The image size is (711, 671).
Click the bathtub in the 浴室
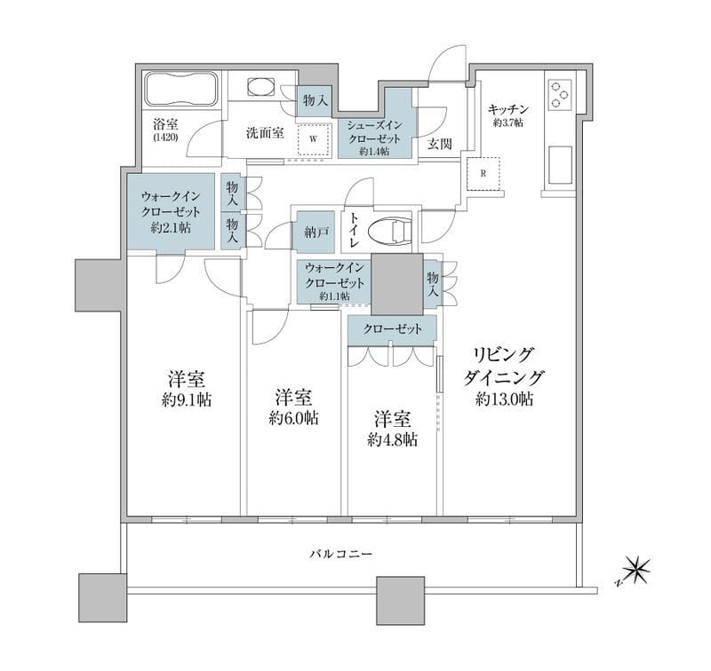[179, 91]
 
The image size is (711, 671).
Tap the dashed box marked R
[483, 173]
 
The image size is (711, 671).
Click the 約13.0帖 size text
[504, 399]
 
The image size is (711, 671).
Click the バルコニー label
[340, 554]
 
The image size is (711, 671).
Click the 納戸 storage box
[316, 231]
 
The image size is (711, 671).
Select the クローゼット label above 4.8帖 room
[392, 328]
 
